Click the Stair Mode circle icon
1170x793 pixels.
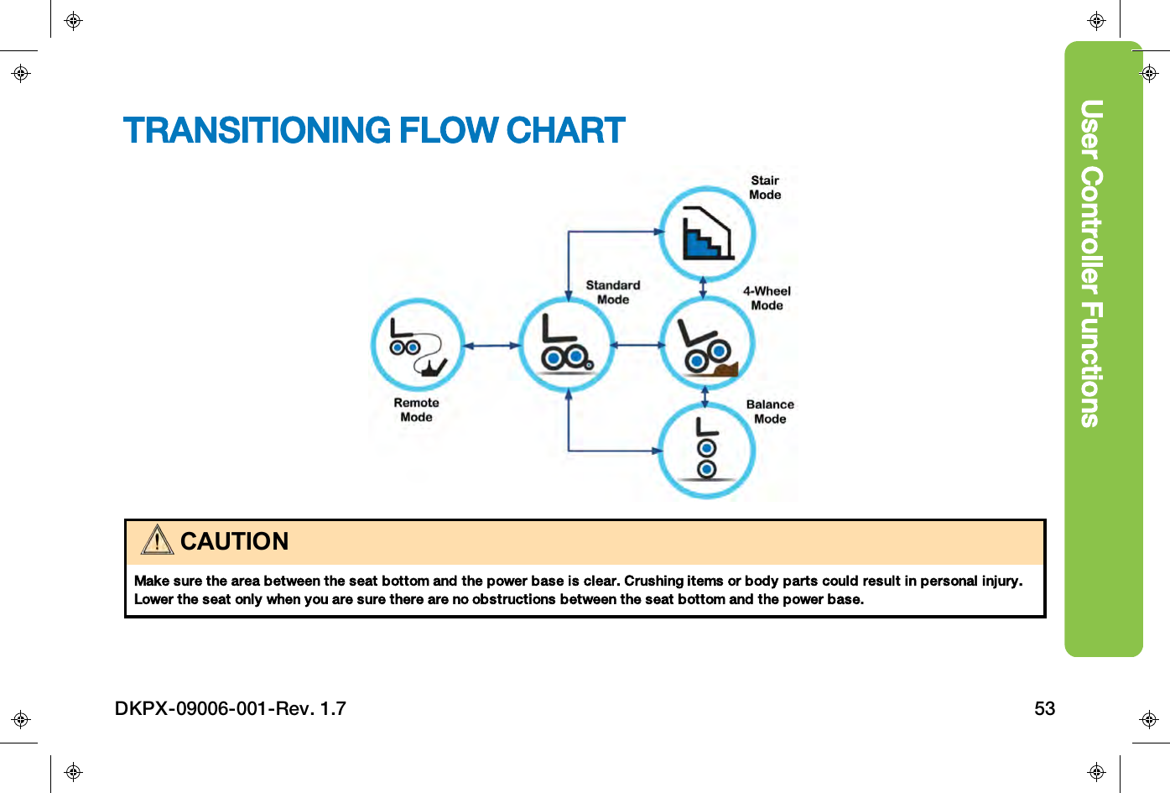point(707,234)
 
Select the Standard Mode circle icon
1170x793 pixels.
point(567,345)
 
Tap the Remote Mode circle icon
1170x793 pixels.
point(418,345)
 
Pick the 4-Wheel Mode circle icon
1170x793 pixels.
point(707,344)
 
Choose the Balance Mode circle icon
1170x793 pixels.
point(707,451)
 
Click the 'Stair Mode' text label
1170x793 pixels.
point(765,188)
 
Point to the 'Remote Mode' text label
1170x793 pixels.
point(416,410)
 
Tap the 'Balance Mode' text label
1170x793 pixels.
point(770,412)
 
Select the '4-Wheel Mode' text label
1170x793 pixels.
point(767,299)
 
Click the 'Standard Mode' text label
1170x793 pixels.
point(613,293)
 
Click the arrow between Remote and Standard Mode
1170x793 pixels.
point(492,345)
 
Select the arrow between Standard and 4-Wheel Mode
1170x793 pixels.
point(637,345)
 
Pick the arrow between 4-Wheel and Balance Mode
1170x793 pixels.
point(705,396)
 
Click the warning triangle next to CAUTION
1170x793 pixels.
point(157,540)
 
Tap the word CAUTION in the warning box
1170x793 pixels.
point(234,542)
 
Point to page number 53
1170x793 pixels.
point(1044,709)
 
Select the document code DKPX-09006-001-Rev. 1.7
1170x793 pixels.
point(231,709)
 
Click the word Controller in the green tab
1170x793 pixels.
point(1090,231)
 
